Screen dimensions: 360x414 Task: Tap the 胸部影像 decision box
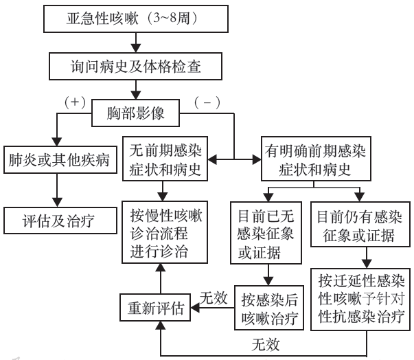tap(137, 111)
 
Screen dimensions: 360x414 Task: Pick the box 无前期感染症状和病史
tap(165, 159)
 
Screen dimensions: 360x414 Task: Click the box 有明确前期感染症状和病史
tap(315, 159)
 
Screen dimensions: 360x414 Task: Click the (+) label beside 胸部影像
tap(76, 101)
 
